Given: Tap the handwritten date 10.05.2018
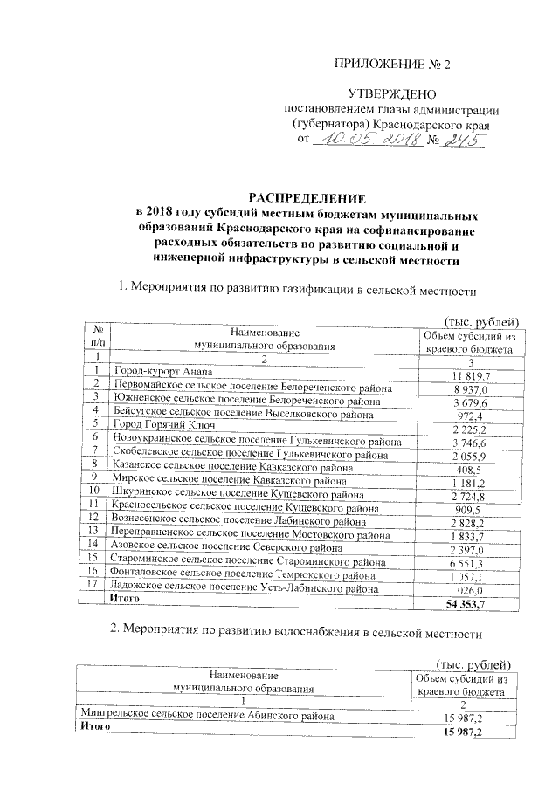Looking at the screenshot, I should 368,140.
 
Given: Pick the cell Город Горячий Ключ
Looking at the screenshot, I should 158,425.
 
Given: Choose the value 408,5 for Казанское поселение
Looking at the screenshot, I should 471,466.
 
